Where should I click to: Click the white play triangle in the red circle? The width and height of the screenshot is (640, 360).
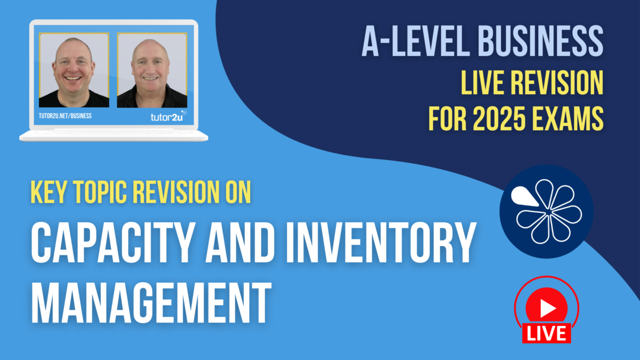point(546,308)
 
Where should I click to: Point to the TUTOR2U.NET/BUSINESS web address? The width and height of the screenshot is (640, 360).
point(66,116)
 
